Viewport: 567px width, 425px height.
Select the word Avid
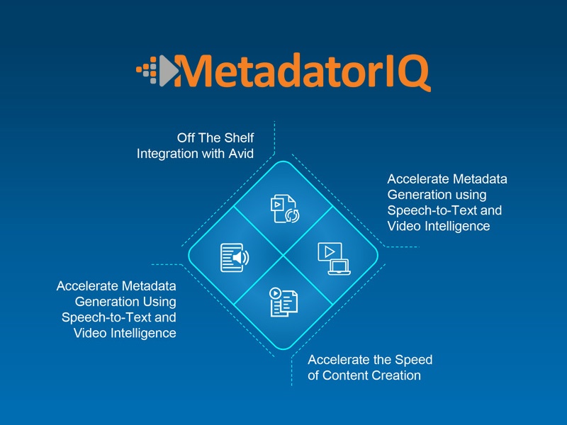241,154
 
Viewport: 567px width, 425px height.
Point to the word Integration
167,154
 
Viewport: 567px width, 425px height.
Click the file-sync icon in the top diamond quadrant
285,209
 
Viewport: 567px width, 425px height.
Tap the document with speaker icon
235,258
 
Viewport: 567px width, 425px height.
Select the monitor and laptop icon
334,259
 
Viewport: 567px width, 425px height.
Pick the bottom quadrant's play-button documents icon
284,302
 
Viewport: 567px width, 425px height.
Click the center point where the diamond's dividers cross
283,256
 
